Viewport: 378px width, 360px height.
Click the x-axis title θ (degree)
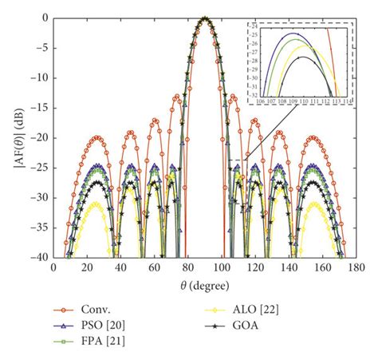coord(204,285)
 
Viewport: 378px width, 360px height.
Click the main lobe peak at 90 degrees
coord(206,18)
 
